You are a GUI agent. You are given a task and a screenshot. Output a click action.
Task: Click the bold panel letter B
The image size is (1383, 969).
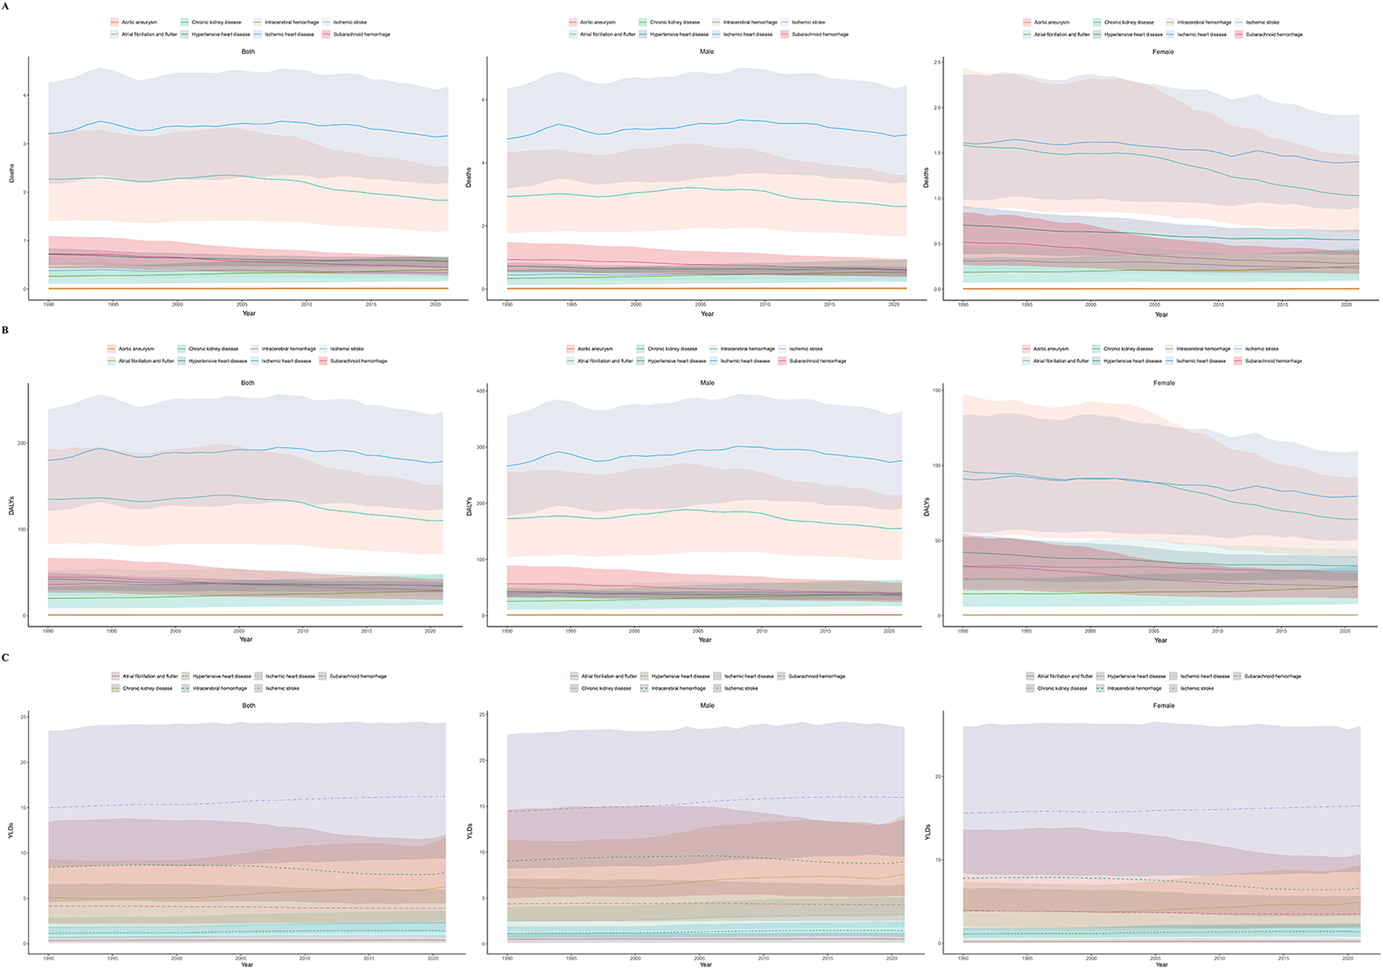(x=5, y=330)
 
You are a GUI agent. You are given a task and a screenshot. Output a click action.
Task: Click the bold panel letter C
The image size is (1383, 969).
(x=5, y=658)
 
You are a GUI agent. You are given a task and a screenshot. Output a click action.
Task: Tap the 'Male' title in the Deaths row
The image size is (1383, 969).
(x=706, y=52)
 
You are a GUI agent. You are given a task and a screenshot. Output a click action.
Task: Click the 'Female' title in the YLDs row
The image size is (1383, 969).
(x=1163, y=706)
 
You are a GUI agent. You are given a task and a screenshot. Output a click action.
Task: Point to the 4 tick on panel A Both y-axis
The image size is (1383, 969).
(x=25, y=96)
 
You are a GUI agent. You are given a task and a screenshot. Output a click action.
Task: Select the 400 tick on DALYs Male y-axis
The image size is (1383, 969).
(x=481, y=391)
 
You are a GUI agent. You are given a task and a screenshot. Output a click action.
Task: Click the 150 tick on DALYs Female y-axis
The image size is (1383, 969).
(x=937, y=390)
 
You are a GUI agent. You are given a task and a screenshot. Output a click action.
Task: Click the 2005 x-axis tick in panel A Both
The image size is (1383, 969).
(x=242, y=304)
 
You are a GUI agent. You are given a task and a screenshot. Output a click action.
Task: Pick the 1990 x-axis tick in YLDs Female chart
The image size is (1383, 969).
(x=964, y=957)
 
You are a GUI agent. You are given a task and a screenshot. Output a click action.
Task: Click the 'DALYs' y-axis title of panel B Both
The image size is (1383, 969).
(x=12, y=506)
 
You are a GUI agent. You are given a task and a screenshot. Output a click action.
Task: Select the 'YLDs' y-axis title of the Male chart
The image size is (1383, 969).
(x=470, y=832)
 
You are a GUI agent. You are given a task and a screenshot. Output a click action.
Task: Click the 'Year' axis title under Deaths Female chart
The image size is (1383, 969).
(x=1161, y=314)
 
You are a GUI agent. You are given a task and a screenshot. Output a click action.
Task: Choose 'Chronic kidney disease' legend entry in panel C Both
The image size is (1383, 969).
(x=147, y=688)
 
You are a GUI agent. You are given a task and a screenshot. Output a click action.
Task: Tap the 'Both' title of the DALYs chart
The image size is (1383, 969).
(x=248, y=383)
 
